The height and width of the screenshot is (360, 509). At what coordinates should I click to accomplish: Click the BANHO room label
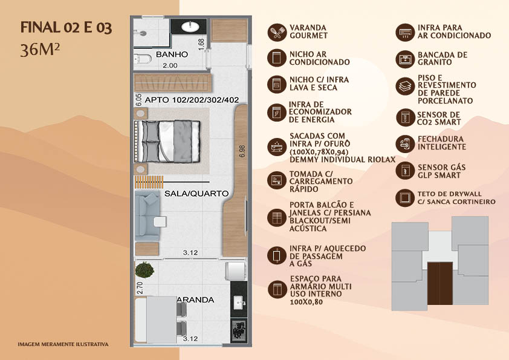[x=172, y=54]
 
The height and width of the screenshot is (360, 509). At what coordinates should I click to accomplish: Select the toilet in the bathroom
[x=143, y=59]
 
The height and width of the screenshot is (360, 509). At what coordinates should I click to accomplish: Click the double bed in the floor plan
[x=167, y=142]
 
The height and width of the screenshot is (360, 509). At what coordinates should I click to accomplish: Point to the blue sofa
[x=148, y=216]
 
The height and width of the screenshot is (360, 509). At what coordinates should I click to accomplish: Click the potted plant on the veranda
[x=144, y=270]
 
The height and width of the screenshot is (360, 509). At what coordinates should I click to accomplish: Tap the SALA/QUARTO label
[x=196, y=194]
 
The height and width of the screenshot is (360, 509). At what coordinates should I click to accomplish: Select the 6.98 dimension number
[x=242, y=151]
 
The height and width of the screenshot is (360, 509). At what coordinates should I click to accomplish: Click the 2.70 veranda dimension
[x=140, y=288]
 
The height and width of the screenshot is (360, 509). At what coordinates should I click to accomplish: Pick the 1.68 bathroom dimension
[x=201, y=45]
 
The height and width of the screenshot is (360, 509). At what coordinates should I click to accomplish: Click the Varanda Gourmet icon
[x=277, y=32]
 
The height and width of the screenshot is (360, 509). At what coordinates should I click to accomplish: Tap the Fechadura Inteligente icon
[x=405, y=143]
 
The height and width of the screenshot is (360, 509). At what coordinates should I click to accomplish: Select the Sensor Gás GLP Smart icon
[x=405, y=171]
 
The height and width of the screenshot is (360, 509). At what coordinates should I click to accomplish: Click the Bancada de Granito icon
[x=405, y=59]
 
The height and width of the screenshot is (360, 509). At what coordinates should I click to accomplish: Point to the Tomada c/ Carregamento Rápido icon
[x=277, y=180]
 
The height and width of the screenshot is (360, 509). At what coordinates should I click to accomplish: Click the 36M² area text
[x=40, y=50]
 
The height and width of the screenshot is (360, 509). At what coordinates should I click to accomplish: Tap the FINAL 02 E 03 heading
[x=66, y=28]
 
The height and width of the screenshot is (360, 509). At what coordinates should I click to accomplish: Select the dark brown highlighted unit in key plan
[x=440, y=283]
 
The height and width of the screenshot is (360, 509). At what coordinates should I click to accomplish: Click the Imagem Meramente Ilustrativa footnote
[x=63, y=344]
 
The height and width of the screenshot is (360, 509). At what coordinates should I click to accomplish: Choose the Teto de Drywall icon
[x=405, y=198]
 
